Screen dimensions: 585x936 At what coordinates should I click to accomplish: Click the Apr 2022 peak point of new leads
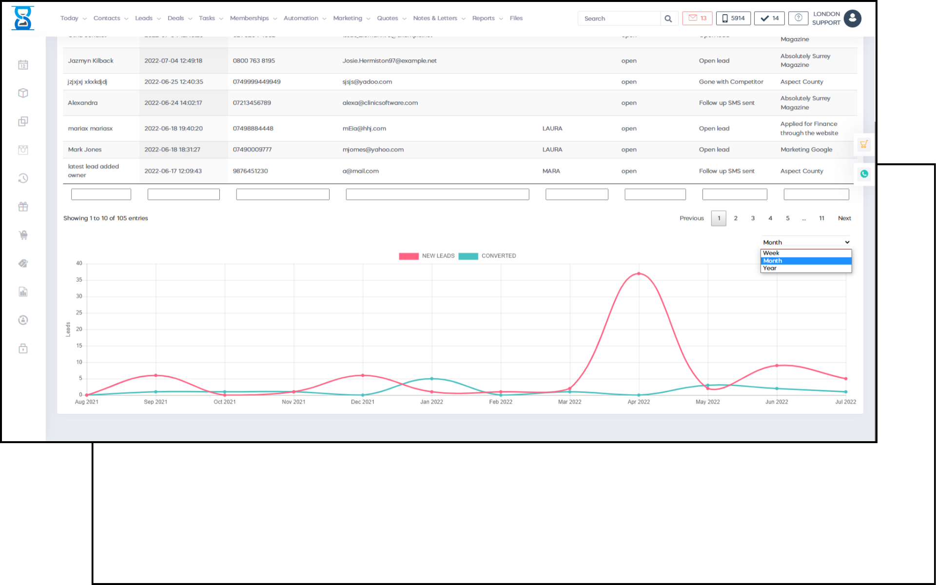[639, 273]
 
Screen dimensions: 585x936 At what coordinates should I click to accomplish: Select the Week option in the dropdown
[805, 253]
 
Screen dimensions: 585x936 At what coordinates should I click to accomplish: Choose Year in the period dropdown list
[805, 268]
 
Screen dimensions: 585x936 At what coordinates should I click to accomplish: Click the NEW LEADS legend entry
[427, 256]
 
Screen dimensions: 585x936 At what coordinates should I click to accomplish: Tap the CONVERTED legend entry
[487, 256]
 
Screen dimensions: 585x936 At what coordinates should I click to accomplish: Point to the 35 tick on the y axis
[79, 280]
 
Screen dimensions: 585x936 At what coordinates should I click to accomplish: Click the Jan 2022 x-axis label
[431, 402]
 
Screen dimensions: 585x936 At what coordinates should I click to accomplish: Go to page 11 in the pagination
[821, 218]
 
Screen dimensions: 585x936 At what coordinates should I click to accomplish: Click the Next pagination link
[844, 218]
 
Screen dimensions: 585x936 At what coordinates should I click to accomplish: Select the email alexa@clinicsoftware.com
[380, 103]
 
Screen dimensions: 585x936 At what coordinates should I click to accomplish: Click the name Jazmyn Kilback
[91, 61]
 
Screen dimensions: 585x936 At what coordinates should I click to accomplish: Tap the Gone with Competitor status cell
[731, 82]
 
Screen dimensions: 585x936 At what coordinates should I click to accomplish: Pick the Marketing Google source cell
[806, 150]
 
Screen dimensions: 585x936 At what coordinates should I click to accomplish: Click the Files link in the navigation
[516, 19]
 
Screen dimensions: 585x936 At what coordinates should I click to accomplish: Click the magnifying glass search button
[668, 19]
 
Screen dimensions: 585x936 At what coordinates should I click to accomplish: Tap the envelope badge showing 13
[697, 19]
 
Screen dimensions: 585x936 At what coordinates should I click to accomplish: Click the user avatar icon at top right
[852, 19]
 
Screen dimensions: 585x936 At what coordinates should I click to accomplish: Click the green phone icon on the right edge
[864, 174]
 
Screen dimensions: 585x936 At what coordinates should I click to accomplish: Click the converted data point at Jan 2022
[431, 379]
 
